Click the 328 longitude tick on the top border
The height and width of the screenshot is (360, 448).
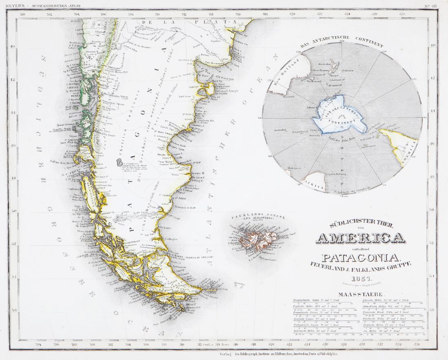(402, 14)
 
